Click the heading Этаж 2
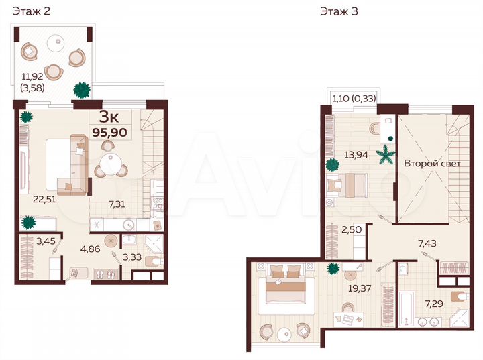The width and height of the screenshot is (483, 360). pyautogui.click(x=30, y=11)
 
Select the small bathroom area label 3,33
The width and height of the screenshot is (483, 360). pyautogui.click(x=132, y=255)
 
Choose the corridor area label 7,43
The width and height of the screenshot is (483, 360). pyautogui.click(x=427, y=243)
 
